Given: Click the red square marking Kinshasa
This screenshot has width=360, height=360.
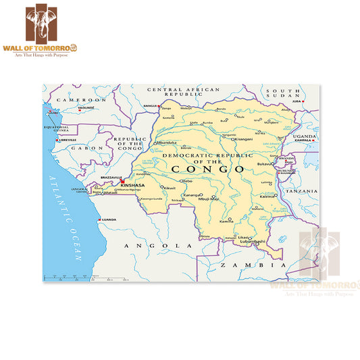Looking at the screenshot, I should pos(122,181).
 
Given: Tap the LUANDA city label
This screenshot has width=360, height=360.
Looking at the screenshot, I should pos(110,220).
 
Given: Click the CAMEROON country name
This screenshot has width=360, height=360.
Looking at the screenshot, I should pos(81,99).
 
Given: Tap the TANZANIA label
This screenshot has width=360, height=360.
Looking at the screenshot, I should pos(301,191).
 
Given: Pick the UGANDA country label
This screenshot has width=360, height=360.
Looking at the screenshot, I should pos(305,136).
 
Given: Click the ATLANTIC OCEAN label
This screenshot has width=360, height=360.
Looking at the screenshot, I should pos(63,216).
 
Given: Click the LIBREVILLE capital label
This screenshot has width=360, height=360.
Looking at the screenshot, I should pos(68,140).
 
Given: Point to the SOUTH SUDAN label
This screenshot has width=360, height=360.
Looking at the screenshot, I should pos(282,93).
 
